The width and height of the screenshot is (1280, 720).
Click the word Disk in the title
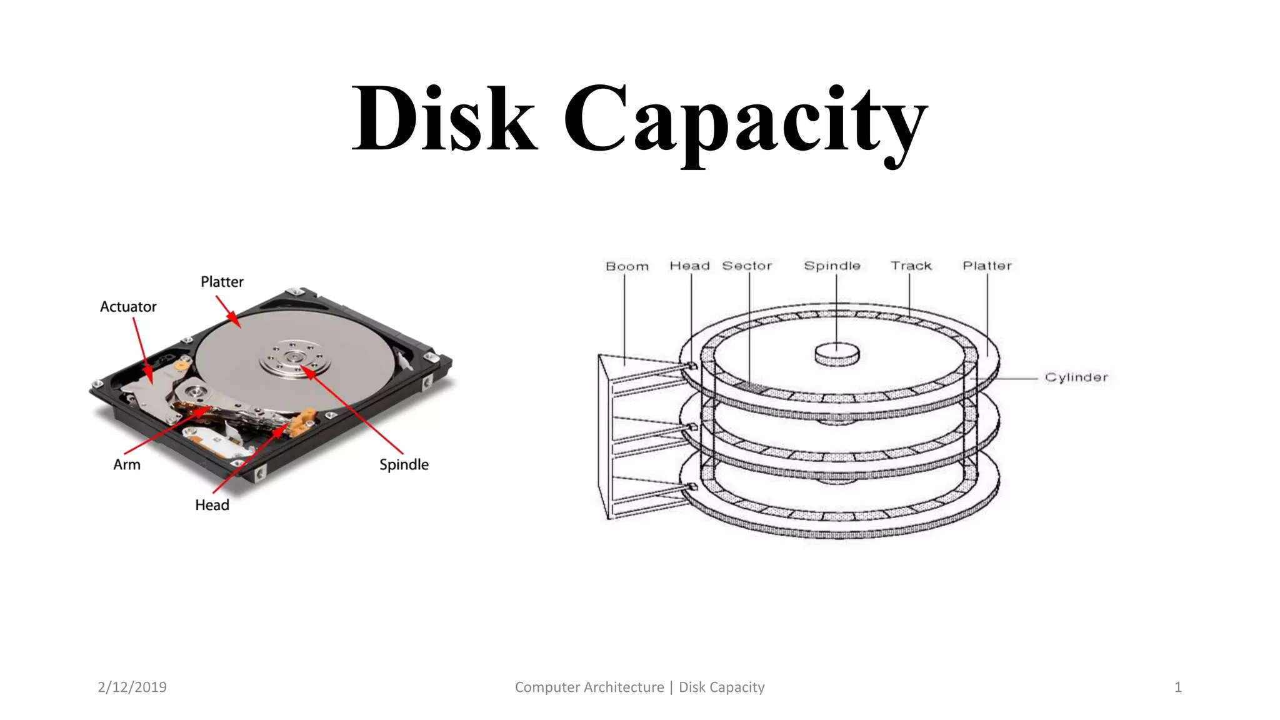(444, 118)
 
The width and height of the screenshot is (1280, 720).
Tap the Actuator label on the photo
(128, 307)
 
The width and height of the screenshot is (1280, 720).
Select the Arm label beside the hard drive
(127, 464)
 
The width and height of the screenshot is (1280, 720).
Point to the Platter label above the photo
(222, 282)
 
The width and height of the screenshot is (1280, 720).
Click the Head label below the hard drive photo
(212, 505)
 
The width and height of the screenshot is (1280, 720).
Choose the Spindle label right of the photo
(404, 464)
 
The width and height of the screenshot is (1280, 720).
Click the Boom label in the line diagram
(627, 266)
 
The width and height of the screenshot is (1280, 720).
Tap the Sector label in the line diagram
(747, 266)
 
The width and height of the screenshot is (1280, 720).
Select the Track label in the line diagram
(911, 266)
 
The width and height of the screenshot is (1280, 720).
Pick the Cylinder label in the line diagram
(1076, 377)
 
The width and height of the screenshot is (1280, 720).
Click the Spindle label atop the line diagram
(832, 266)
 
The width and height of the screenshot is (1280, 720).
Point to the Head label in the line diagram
(689, 266)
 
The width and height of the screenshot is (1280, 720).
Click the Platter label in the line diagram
(987, 266)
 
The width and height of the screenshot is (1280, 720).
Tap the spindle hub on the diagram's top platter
(837, 353)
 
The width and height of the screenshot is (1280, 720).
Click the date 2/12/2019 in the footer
(132, 687)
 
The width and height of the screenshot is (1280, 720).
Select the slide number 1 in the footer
(1177, 687)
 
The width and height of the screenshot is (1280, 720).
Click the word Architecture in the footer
(625, 687)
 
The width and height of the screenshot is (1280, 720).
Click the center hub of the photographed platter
(293, 357)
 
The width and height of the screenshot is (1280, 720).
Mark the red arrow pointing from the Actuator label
(142, 350)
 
